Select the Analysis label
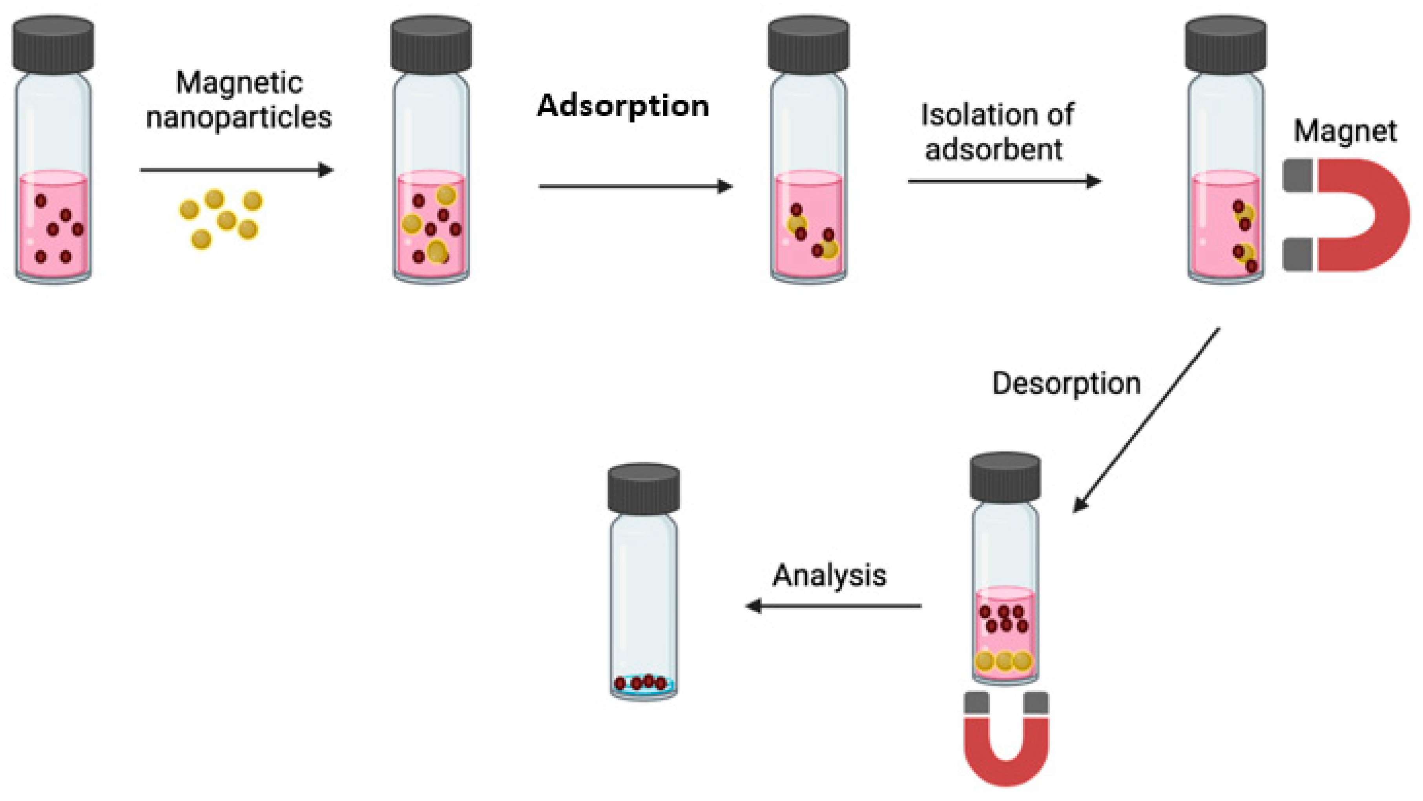[829, 576]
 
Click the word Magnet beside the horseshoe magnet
[1345, 131]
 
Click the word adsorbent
[993, 149]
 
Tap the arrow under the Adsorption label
[635, 186]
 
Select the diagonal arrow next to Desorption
[1146, 421]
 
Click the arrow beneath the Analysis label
[834, 606]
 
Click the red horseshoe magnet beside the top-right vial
[1365, 216]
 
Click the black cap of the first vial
[53, 44]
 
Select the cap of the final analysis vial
[644, 488]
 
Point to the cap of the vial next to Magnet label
[1226, 44]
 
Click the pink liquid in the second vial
[431, 243]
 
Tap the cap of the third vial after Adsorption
[808, 44]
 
